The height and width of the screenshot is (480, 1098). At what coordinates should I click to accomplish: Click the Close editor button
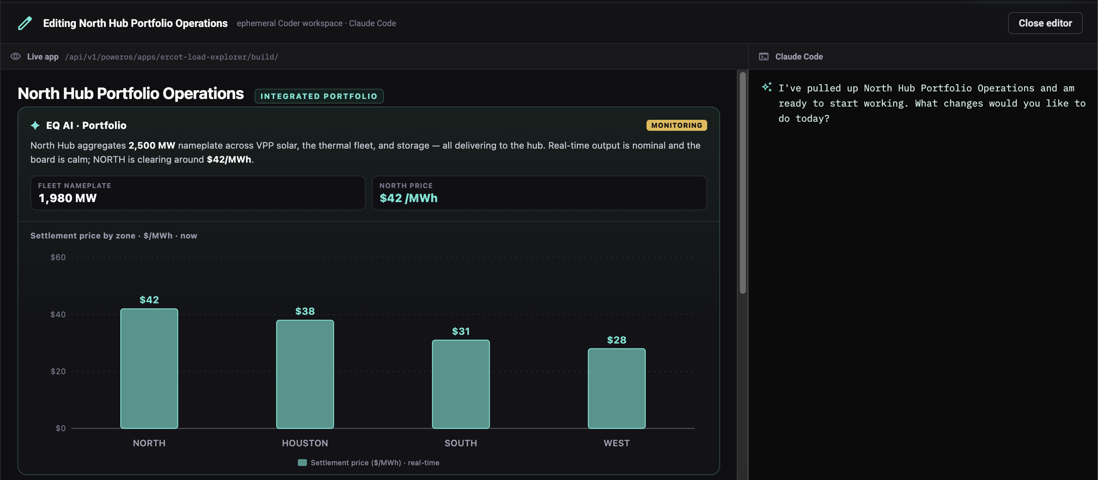click(1045, 23)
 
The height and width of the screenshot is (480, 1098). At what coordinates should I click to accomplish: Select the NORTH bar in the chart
click(149, 369)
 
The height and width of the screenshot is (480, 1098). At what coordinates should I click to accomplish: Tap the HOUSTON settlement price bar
click(305, 374)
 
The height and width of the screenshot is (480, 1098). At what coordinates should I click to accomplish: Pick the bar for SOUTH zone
click(461, 384)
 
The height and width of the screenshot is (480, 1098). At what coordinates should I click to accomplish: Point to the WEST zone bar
click(617, 388)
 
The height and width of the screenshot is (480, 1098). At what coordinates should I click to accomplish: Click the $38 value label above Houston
click(305, 311)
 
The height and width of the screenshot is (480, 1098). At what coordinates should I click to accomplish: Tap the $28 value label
click(617, 340)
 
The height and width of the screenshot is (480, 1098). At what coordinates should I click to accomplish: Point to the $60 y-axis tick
click(58, 257)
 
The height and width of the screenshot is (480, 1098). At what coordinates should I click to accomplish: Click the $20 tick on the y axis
click(58, 372)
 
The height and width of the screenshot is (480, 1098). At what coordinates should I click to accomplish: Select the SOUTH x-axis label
click(461, 443)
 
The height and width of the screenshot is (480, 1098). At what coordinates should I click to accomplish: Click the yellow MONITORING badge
click(676, 125)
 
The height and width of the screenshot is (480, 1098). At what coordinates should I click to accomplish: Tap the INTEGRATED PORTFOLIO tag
click(319, 96)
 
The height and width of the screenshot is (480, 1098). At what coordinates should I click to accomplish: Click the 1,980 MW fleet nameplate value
click(68, 198)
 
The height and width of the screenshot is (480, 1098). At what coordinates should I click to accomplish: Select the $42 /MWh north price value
click(408, 198)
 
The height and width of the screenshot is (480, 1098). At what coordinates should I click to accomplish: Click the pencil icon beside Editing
click(25, 23)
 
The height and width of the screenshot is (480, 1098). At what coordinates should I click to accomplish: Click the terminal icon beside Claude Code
click(763, 56)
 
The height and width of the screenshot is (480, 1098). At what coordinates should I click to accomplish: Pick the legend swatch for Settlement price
click(302, 463)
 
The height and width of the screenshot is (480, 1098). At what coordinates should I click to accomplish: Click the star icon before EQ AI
click(35, 125)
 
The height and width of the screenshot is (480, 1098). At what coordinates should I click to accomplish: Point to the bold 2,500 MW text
click(152, 145)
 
